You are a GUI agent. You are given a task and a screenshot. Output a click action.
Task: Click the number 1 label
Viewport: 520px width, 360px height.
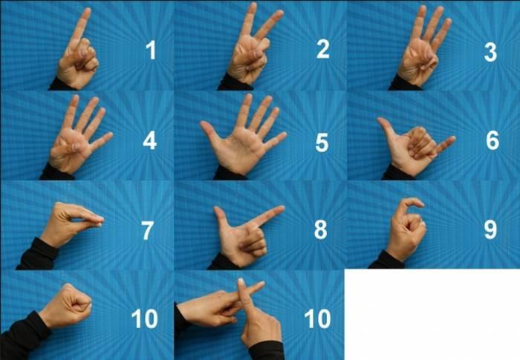coord(151,51)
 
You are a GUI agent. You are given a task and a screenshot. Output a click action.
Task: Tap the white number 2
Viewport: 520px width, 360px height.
coord(322,50)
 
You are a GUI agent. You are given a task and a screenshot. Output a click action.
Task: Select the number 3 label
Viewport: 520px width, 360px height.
coord(491,51)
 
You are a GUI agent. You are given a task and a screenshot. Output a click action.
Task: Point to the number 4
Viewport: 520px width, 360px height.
coord(150,140)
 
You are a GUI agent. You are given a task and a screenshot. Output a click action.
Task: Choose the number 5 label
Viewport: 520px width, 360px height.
coord(322,142)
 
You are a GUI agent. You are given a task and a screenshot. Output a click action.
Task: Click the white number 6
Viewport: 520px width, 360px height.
coord(492,141)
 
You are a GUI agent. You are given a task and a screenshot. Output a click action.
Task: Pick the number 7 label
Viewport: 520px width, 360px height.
coord(149,230)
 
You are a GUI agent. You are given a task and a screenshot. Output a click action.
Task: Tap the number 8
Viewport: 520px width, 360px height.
coord(321,230)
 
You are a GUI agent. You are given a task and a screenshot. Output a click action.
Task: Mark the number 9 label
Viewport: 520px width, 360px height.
coord(490,229)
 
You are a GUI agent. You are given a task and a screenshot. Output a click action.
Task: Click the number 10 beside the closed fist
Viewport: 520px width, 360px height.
coord(144,319)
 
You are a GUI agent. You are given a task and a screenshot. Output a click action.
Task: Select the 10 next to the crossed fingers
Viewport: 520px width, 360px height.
coord(317,319)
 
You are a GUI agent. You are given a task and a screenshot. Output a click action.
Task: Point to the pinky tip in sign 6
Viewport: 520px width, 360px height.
coord(452,140)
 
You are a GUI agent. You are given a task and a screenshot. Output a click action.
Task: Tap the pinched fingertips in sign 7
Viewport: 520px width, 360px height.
coord(98,219)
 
